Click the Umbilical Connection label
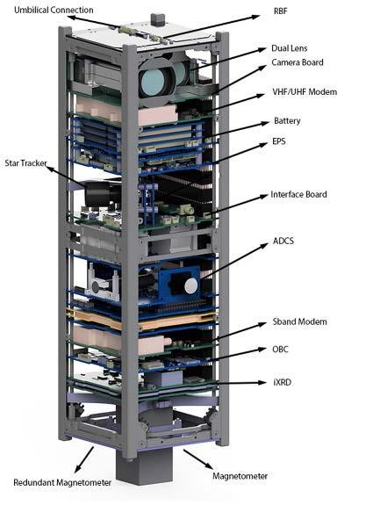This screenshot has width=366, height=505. click(x=54, y=10)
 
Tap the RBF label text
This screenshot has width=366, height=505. click(x=280, y=11)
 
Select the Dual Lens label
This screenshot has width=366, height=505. click(x=290, y=48)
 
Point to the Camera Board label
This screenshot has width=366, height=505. click(x=298, y=62)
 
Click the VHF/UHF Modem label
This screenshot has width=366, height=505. click(x=305, y=92)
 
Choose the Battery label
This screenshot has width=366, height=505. click(x=287, y=121)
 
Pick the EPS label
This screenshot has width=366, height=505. click(x=279, y=141)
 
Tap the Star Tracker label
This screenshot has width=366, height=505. click(x=25, y=163)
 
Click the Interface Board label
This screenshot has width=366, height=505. click(x=298, y=194)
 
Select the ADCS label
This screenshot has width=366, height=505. click(x=283, y=241)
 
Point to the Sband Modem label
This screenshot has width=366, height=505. click(x=299, y=321)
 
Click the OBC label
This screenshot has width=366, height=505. click(x=280, y=350)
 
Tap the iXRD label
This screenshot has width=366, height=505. click(x=282, y=382)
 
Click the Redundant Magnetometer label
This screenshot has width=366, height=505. click(x=62, y=482)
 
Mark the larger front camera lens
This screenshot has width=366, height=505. click(x=154, y=81)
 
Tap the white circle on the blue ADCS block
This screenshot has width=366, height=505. click(x=190, y=286)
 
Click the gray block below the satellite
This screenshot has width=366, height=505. click(x=144, y=466)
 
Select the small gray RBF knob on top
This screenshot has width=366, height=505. click(x=158, y=18)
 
